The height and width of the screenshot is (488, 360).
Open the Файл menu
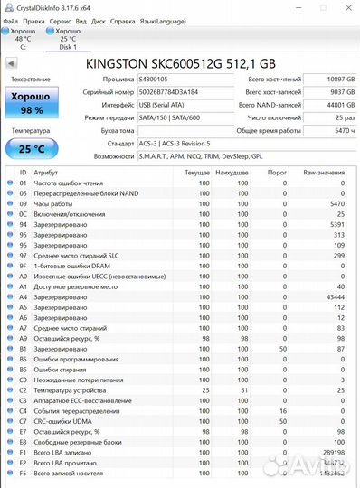[x=12, y=19]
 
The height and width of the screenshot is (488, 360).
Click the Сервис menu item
[x=61, y=19]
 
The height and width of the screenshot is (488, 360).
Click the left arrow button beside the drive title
[x=11, y=64]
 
